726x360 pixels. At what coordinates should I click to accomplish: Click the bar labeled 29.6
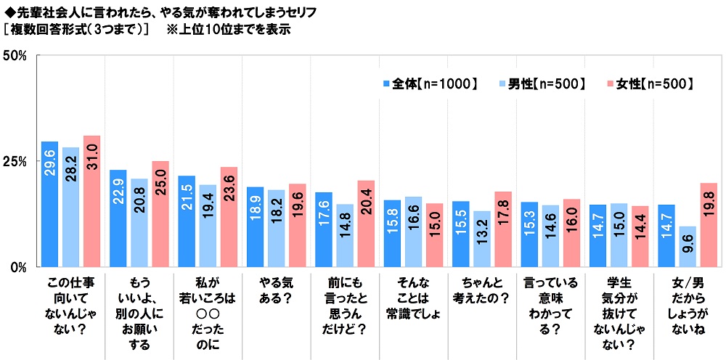click(x=50, y=204)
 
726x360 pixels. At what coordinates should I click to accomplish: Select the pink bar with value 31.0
click(x=91, y=201)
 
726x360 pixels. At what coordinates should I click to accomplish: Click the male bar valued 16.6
click(x=413, y=231)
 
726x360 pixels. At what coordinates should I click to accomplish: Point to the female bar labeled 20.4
click(x=366, y=223)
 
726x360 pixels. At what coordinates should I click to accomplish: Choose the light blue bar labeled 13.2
click(x=481, y=238)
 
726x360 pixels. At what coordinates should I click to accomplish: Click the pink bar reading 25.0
click(x=160, y=213)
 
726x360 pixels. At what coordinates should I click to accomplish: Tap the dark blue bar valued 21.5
click(x=187, y=221)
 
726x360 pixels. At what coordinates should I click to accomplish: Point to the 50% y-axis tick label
click(x=16, y=56)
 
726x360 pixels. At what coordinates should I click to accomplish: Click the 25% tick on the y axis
click(x=16, y=161)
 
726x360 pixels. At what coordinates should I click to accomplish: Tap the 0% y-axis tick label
click(x=19, y=266)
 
